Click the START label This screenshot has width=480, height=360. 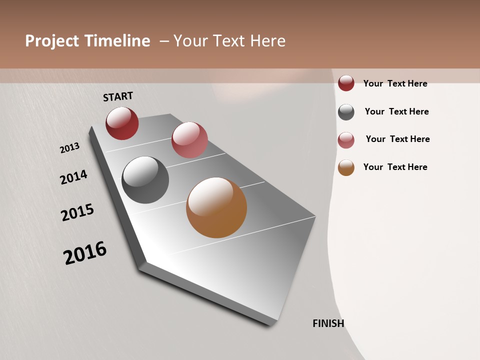tap(118, 96)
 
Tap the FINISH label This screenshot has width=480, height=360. tap(328, 323)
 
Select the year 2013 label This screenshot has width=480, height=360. tap(69, 148)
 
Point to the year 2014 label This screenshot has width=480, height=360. tap(73, 177)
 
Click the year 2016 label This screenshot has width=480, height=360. tap(85, 253)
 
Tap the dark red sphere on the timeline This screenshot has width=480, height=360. tap(122, 123)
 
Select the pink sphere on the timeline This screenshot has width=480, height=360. tap(189, 140)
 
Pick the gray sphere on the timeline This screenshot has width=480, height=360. tap(145, 180)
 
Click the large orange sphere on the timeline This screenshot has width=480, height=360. tap(216, 207)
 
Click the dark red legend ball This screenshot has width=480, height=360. tap(346, 83)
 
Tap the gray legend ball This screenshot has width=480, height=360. tap(346, 112)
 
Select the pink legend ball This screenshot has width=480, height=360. tap(346, 140)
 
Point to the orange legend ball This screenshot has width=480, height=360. tap(346, 167)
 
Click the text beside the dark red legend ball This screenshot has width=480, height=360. tap(395, 83)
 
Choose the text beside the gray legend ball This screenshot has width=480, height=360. tap(396, 111)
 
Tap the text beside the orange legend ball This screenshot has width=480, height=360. tap(395, 167)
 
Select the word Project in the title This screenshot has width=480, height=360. tap(52, 41)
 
